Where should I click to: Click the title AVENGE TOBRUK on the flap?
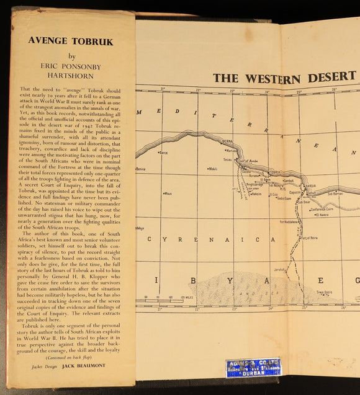(71, 42)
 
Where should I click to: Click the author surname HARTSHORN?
(71, 76)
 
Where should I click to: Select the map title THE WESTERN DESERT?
(286, 78)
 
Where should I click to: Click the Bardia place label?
(310, 184)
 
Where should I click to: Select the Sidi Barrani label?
(337, 193)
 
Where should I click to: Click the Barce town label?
(164, 153)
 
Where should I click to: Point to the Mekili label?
(213, 168)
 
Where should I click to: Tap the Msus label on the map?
(168, 193)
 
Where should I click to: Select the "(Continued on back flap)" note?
(71, 358)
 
